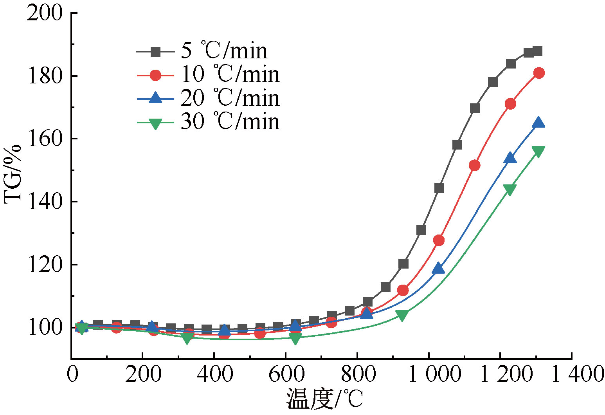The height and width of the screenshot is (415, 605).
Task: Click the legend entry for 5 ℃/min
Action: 224,51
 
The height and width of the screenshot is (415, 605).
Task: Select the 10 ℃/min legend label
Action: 230,74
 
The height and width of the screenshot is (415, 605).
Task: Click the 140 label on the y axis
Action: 45,202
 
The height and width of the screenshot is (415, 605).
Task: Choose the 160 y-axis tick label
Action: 45,139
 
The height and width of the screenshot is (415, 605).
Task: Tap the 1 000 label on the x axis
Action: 434,374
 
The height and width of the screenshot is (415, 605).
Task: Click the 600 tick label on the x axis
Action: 286,374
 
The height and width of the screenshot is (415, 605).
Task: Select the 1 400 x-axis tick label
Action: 578,374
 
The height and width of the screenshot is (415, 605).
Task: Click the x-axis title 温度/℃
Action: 325,399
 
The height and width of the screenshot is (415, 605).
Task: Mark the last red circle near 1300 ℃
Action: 539,73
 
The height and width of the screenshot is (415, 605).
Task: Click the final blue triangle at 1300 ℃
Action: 539,122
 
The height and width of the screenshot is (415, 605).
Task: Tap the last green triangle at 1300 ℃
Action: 538,152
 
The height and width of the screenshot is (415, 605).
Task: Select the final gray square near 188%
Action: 538,51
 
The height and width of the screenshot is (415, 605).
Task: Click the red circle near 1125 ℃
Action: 474,166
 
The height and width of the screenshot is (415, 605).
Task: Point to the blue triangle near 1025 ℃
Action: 438,268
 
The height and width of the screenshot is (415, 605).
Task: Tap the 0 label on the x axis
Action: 72,374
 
